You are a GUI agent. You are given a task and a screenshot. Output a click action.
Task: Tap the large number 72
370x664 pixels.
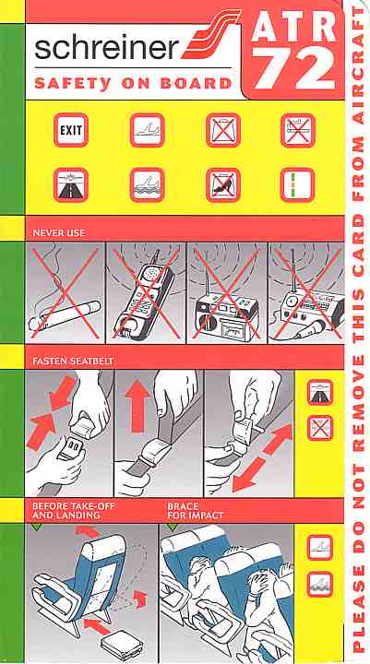pos(296,66)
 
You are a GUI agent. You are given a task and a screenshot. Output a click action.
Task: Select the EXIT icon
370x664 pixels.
pos(71,130)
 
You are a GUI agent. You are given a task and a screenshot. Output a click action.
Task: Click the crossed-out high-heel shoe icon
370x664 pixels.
pos(223,184)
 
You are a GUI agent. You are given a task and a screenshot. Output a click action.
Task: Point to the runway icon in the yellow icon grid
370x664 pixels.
pos(71,184)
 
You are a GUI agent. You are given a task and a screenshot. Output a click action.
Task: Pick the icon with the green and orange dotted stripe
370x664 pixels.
pos(297,184)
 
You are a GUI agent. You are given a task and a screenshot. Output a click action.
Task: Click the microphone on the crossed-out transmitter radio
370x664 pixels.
pos(309,330)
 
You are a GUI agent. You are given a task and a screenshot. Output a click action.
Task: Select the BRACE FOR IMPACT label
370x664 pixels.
pos(195,511)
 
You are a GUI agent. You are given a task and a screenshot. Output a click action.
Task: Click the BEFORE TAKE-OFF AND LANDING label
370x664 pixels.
pos(73,511)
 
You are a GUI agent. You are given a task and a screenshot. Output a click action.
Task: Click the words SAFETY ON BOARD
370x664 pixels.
pos(133,83)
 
